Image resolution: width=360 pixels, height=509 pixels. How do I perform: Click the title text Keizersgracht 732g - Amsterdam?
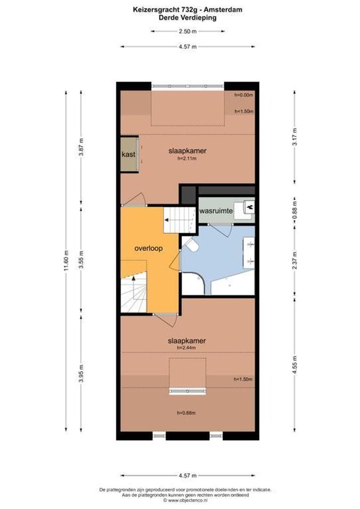(188, 8)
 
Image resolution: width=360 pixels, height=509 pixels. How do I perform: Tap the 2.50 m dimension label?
(188, 32)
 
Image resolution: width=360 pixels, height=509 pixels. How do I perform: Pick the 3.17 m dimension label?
(295, 136)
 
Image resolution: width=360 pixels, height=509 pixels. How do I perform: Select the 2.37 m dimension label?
(295, 260)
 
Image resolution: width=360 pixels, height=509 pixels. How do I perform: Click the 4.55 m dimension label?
(295, 366)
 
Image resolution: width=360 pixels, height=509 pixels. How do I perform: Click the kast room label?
(128, 154)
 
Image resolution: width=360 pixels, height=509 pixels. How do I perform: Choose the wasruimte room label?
(215, 212)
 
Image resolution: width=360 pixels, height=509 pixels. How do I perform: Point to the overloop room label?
(148, 248)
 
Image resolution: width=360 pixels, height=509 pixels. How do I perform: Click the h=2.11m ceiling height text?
(187, 159)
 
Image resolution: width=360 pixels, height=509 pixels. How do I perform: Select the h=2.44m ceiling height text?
(186, 347)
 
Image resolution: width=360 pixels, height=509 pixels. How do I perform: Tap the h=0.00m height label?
(244, 95)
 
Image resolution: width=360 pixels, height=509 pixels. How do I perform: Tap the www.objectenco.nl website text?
(185, 501)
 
